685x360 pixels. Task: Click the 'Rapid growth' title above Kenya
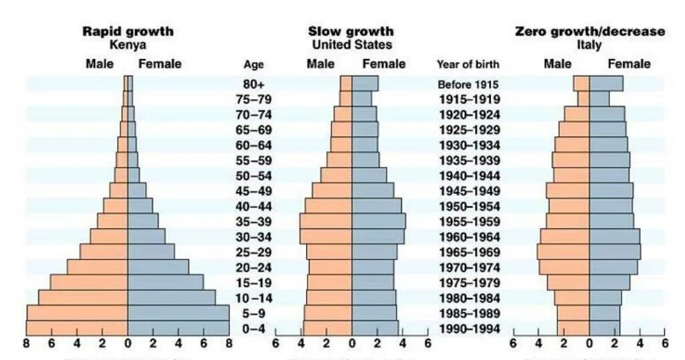click(x=127, y=31)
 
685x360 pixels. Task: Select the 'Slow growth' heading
click(x=351, y=31)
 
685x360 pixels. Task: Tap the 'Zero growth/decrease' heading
click(x=589, y=31)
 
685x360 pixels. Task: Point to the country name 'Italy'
click(x=589, y=46)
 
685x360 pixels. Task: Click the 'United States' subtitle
click(x=352, y=45)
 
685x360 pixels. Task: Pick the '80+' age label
click(x=254, y=84)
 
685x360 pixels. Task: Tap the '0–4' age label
click(x=254, y=328)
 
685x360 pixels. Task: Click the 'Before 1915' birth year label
click(x=468, y=84)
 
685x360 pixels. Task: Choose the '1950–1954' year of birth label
click(x=468, y=206)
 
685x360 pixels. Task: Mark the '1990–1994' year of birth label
click(x=468, y=328)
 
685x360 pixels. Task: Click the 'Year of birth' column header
click(x=468, y=65)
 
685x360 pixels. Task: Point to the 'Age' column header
click(x=254, y=65)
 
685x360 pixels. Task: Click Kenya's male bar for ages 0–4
click(x=77, y=327)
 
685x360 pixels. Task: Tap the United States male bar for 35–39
click(x=326, y=221)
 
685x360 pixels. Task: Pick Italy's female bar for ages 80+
click(x=606, y=83)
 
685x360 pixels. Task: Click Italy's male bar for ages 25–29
click(x=563, y=252)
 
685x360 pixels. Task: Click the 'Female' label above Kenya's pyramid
click(x=159, y=64)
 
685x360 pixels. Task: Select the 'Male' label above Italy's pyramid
click(x=557, y=64)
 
